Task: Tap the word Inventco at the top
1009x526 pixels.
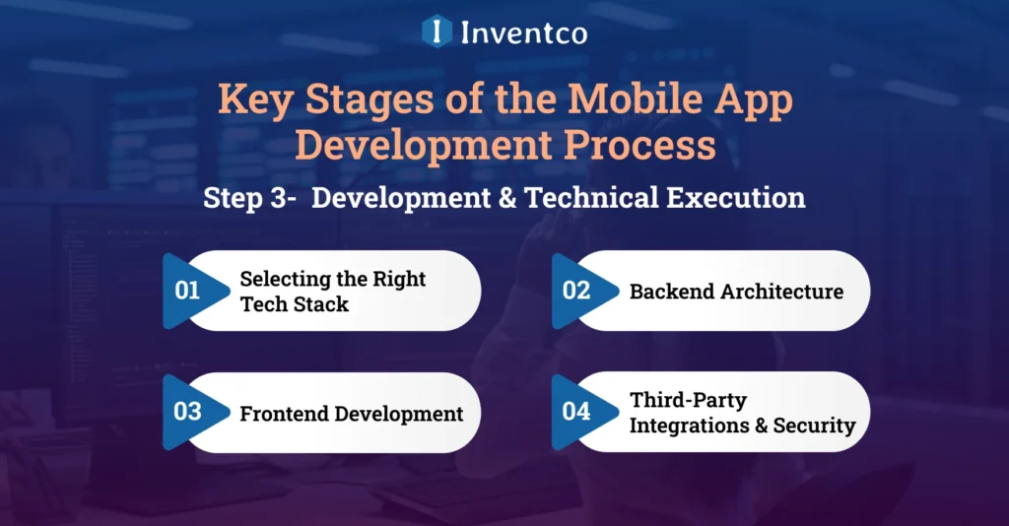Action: pyautogui.click(x=523, y=33)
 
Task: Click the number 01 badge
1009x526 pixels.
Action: pyautogui.click(x=186, y=291)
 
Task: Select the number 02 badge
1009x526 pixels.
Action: pyautogui.click(x=575, y=291)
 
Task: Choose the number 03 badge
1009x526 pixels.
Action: pyautogui.click(x=187, y=412)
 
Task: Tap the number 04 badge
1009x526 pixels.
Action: pyautogui.click(x=575, y=412)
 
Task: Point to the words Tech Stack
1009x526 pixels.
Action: pyautogui.click(x=295, y=304)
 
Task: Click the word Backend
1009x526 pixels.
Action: pyautogui.click(x=672, y=292)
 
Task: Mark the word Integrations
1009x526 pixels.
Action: pyautogui.click(x=690, y=427)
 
